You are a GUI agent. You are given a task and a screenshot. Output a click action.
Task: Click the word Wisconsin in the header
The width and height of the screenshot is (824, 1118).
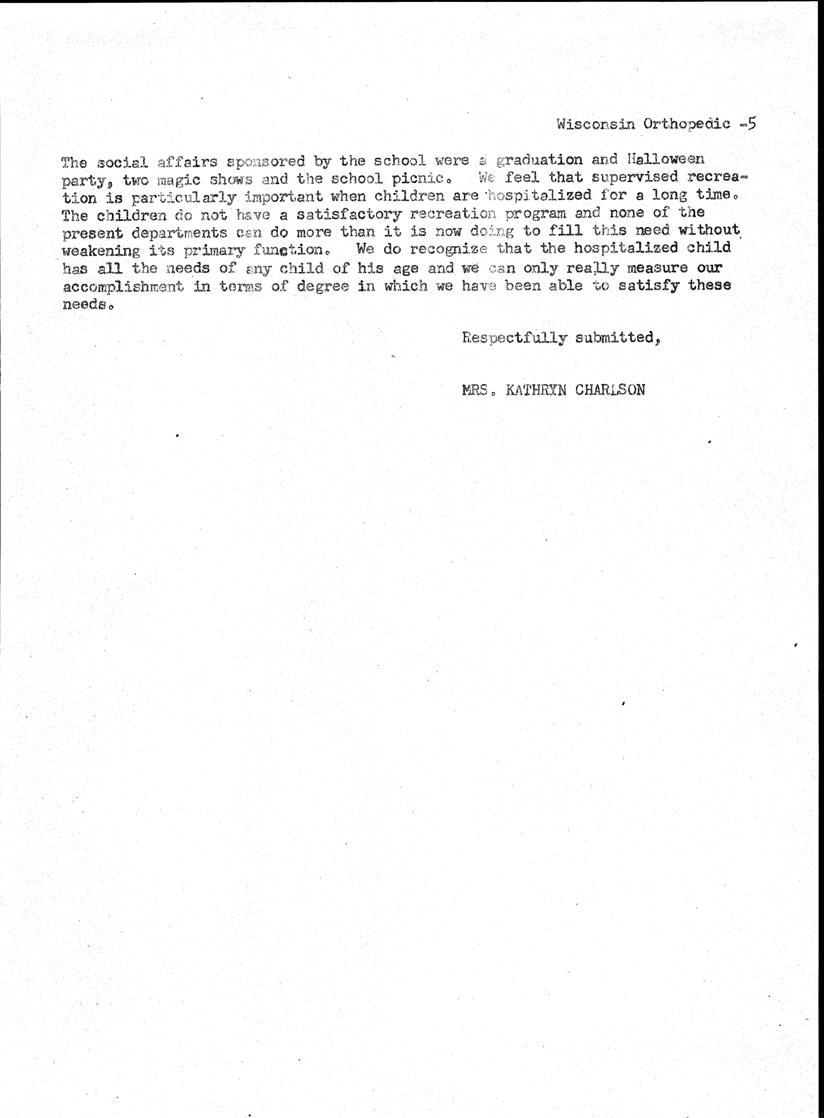[595, 124]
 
